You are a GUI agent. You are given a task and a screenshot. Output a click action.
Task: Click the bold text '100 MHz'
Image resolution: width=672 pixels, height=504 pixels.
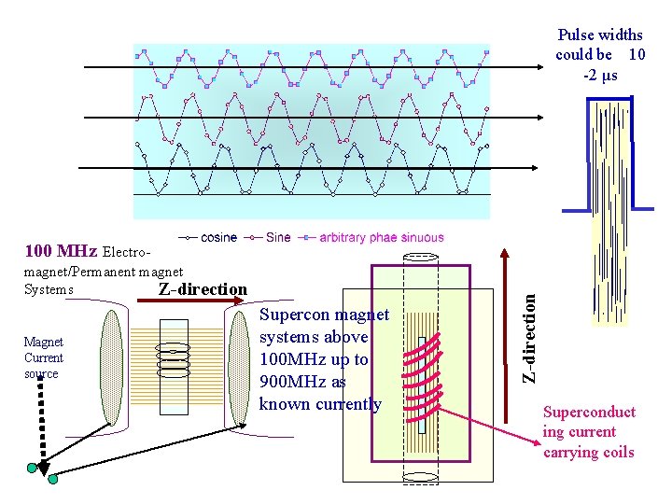(x=61, y=251)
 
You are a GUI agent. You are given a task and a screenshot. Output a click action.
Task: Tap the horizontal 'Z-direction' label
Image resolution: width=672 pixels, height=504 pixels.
(x=203, y=289)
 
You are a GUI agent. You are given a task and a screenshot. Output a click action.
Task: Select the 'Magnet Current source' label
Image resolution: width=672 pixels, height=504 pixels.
(x=43, y=358)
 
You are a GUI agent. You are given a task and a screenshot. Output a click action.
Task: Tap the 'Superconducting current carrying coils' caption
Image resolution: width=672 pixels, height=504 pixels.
(x=589, y=432)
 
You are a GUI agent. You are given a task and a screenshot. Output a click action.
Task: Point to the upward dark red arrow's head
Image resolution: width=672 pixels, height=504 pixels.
(x=507, y=253)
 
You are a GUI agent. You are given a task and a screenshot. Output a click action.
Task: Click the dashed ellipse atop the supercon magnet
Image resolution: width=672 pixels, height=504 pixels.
(x=422, y=258)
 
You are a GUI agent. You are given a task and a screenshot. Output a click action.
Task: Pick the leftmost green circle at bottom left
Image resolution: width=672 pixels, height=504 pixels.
(x=33, y=467)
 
